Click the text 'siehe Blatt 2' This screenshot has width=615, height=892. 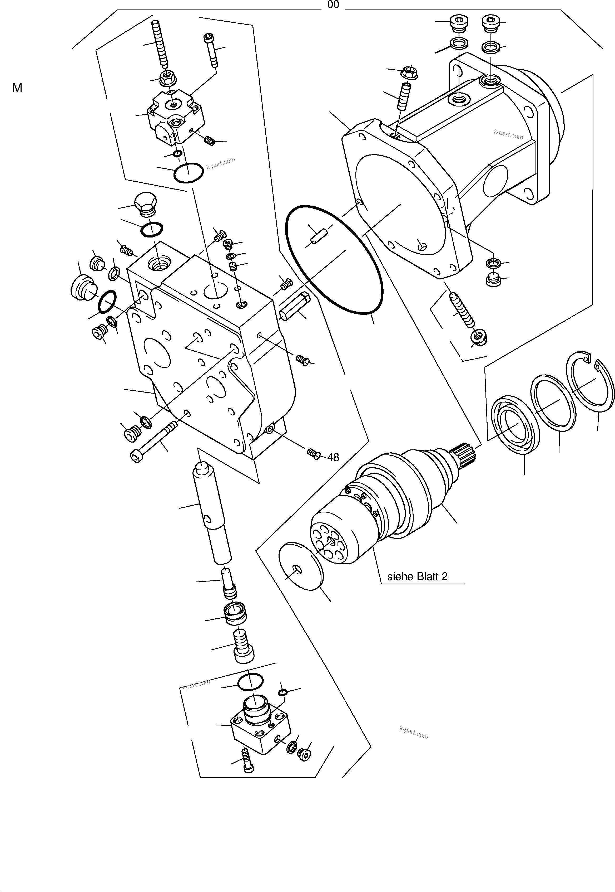[417, 576]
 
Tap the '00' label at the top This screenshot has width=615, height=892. [333, 5]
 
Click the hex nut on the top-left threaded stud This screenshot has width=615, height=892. [167, 79]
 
